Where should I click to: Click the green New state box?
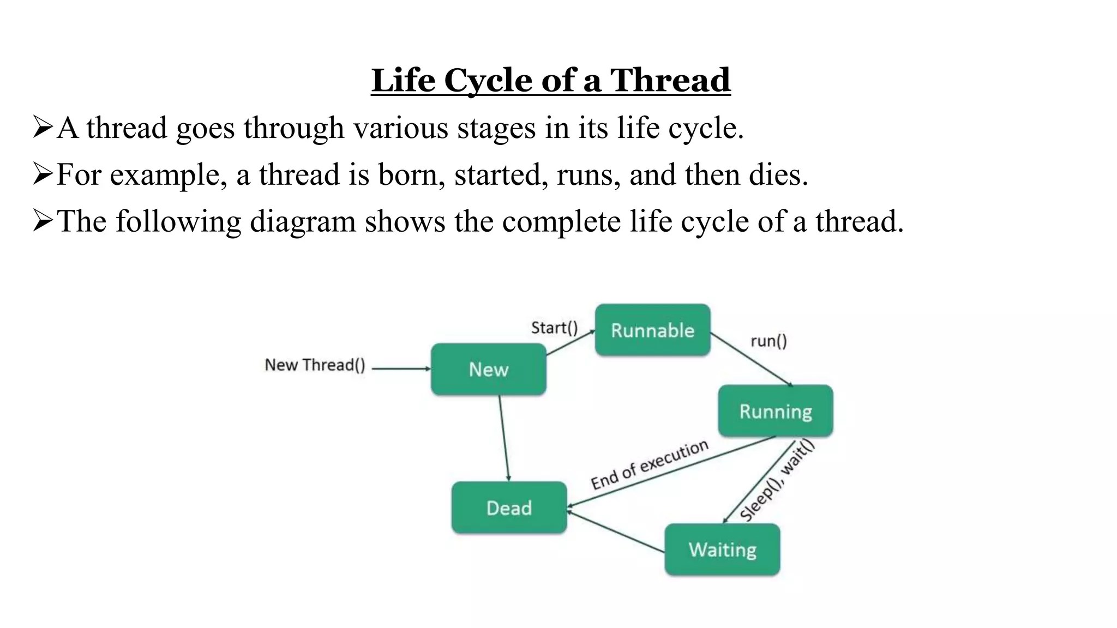488,369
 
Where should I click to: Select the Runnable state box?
652,330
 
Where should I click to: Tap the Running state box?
775,410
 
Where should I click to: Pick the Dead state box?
509,508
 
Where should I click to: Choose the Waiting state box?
722,549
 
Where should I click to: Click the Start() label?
554,328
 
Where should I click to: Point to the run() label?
768,341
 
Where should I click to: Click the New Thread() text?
315,365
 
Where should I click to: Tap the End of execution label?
649,465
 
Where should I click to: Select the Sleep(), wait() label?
777,480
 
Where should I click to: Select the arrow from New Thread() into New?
401,369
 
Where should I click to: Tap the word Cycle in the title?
488,80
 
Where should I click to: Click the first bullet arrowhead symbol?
43,128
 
